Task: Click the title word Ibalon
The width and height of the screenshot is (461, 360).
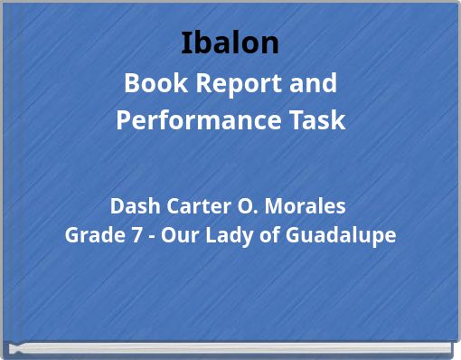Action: click(x=230, y=43)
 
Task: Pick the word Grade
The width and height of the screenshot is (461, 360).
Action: click(x=89, y=235)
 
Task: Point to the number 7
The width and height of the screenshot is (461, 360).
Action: click(x=127, y=235)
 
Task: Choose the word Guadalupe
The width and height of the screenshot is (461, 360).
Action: click(x=340, y=235)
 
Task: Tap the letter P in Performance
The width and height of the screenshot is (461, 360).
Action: click(x=124, y=120)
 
